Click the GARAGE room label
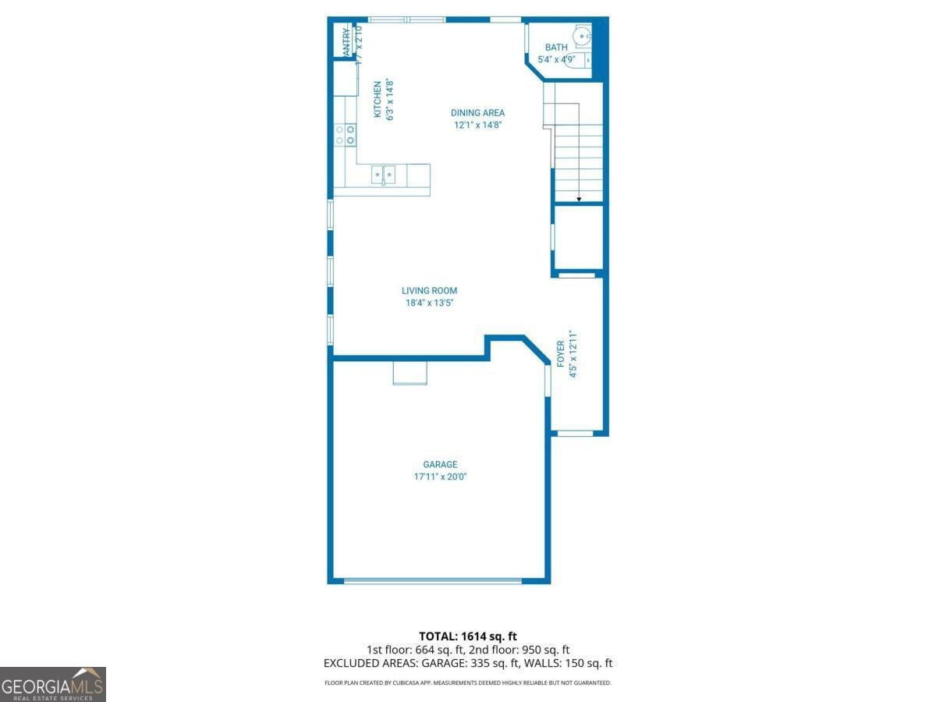pyautogui.click(x=440, y=464)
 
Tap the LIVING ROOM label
pyautogui.click(x=429, y=291)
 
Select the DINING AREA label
pyautogui.click(x=477, y=113)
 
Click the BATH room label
pyautogui.click(x=556, y=48)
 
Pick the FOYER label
pyautogui.click(x=561, y=353)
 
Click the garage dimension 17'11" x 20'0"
pyautogui.click(x=440, y=477)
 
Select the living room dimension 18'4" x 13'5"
pyautogui.click(x=429, y=303)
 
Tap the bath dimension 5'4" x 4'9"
pyautogui.click(x=556, y=59)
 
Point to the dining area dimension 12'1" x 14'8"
pyautogui.click(x=477, y=125)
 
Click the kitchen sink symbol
pyautogui.click(x=382, y=175)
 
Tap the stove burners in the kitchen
pyautogui.click(x=345, y=135)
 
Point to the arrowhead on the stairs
pyautogui.click(x=579, y=200)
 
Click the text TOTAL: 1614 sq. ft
pyautogui.click(x=468, y=636)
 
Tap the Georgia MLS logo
pyautogui.click(x=53, y=684)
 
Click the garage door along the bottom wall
pyautogui.click(x=433, y=580)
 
